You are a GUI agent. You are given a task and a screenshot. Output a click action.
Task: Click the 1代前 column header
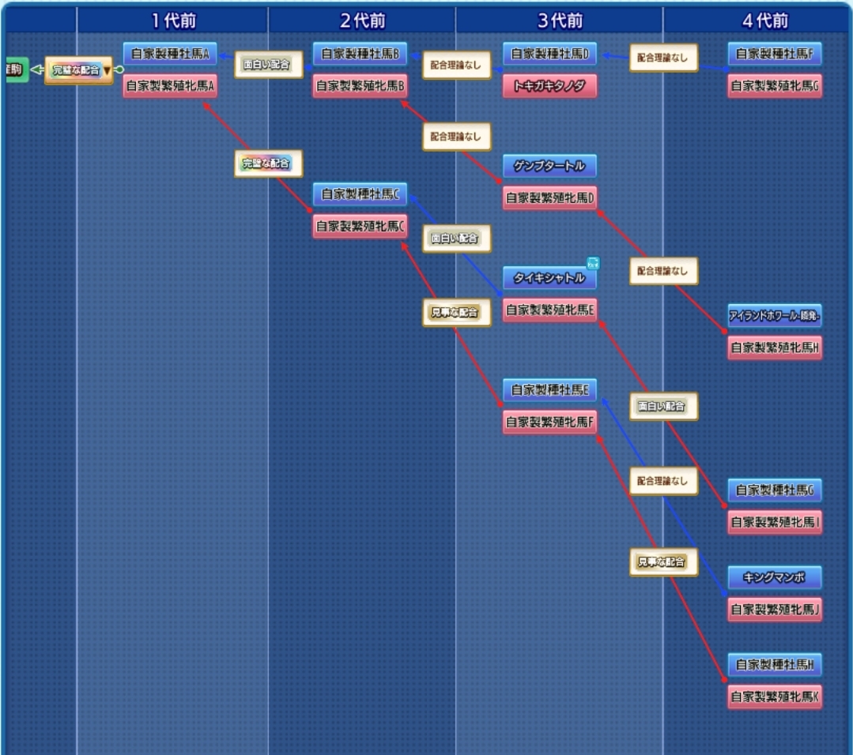point(172,21)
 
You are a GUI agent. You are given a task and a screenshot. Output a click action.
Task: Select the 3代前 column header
point(559,21)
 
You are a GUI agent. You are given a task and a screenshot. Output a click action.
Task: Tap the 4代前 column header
point(765,21)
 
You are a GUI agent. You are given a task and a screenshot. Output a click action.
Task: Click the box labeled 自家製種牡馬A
point(170,54)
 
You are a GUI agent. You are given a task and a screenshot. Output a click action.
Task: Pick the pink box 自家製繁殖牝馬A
point(170,86)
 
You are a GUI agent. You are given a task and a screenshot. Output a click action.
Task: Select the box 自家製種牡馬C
point(360,194)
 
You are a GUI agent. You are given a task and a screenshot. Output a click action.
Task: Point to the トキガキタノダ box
point(550,86)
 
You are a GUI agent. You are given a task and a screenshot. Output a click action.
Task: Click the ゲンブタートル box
point(550,167)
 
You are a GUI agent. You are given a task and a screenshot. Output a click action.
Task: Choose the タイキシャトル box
point(550,278)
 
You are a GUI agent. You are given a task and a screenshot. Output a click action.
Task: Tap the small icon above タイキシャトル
point(593,263)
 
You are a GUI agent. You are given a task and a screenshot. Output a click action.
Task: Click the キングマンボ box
point(775,577)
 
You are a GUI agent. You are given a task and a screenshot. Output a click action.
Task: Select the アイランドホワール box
point(775,316)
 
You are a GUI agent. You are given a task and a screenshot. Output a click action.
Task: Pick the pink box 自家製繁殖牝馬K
point(775,697)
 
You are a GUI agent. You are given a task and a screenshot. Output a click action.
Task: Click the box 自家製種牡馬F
point(775,54)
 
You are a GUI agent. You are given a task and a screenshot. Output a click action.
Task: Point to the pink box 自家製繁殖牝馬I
point(775,522)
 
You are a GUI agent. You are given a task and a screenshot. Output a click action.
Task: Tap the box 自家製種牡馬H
point(775,665)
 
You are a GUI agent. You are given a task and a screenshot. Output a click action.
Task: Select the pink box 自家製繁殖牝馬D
point(550,198)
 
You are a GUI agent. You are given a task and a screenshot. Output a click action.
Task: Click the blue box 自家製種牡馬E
point(550,390)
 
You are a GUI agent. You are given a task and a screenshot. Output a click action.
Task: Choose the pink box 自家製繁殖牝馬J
point(775,609)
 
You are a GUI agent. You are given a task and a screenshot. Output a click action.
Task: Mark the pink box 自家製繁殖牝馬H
point(775,347)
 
